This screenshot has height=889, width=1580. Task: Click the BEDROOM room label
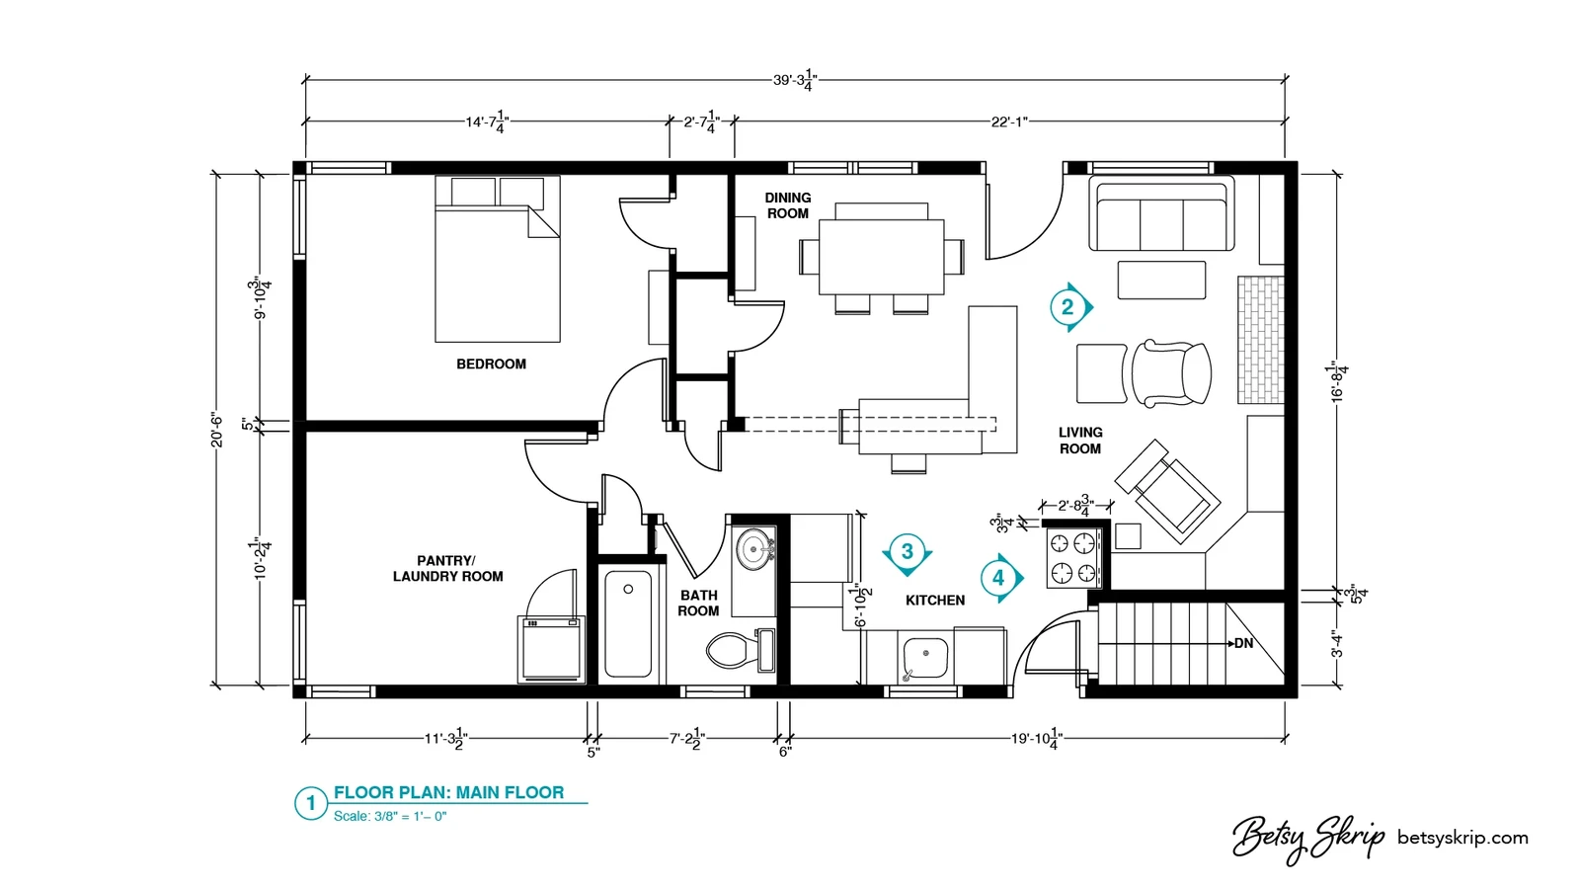point(491,364)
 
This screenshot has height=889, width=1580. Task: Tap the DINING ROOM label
point(788,205)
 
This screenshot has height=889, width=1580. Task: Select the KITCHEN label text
point(935,601)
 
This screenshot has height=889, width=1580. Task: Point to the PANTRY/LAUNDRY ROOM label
point(448,569)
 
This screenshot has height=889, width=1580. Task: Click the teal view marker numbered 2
point(1067,307)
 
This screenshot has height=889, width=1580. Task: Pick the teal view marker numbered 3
point(908,552)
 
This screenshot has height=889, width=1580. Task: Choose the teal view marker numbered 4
point(999,578)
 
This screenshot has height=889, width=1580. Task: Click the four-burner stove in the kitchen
point(1072,557)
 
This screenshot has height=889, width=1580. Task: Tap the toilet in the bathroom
point(740,650)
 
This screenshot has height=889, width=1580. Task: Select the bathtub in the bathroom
point(628,623)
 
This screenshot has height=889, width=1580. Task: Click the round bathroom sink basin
point(754,548)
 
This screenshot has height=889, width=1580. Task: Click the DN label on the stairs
point(1243,643)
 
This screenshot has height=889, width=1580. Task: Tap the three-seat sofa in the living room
point(1161,213)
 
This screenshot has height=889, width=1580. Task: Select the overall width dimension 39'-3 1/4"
point(795,80)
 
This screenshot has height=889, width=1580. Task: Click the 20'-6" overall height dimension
point(217,430)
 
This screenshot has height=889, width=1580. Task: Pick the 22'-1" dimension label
point(1008,122)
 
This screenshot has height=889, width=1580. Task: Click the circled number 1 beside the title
point(310,803)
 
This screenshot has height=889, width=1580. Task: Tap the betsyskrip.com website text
point(1462,839)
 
